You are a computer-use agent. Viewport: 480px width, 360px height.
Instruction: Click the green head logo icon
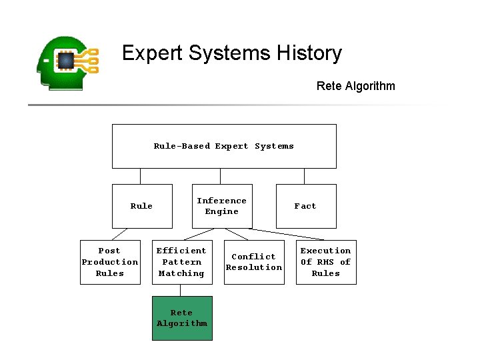click(67, 63)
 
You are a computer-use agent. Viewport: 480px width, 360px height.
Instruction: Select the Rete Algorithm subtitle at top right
click(355, 86)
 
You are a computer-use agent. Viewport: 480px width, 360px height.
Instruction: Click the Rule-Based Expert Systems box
click(224, 146)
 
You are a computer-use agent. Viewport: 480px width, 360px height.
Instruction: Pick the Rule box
click(141, 206)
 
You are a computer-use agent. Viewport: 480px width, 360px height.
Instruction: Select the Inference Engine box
click(222, 206)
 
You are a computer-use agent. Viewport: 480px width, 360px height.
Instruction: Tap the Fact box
click(305, 206)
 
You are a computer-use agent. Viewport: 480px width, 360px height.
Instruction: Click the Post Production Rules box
click(110, 262)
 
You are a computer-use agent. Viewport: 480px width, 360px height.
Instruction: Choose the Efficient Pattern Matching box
click(182, 262)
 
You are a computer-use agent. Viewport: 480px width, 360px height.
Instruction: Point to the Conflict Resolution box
click(254, 262)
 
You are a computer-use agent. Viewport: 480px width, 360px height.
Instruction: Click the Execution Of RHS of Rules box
click(326, 262)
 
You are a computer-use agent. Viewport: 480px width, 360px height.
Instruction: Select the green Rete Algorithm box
click(182, 318)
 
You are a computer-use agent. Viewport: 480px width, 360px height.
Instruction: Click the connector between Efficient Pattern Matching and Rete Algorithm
click(180, 290)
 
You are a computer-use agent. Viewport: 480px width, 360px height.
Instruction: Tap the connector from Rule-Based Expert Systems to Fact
click(304, 176)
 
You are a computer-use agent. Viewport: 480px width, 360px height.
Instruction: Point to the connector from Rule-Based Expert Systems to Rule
click(140, 176)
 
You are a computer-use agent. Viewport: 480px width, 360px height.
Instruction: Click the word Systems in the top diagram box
click(274, 146)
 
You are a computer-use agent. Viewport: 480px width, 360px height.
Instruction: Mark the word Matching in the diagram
click(181, 273)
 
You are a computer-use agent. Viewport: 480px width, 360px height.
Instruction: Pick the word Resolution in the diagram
click(254, 267)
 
